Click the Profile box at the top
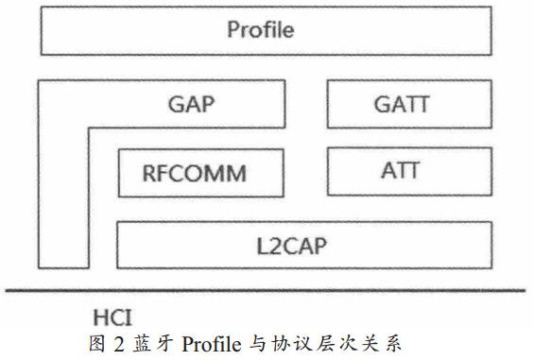(261, 30)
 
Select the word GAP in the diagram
(192, 103)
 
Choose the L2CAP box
(303, 245)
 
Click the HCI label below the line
(112, 315)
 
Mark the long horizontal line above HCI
(265, 289)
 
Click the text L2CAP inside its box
(303, 245)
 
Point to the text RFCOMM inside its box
(195, 174)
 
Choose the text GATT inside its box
(400, 104)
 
